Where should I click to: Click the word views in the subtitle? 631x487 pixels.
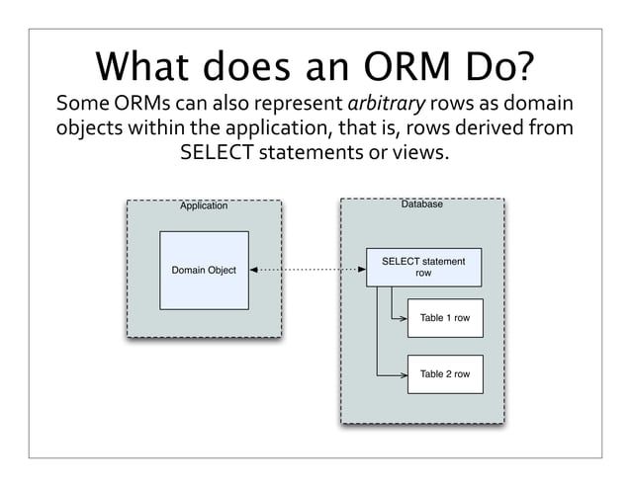point(424,154)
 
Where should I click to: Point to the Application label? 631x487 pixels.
point(203,205)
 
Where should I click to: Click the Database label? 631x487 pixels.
point(421,203)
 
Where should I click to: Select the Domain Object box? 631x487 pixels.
point(204,270)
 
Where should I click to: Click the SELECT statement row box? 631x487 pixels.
point(423,267)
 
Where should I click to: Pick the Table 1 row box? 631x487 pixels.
point(444,318)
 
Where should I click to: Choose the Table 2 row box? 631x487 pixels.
point(444,374)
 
